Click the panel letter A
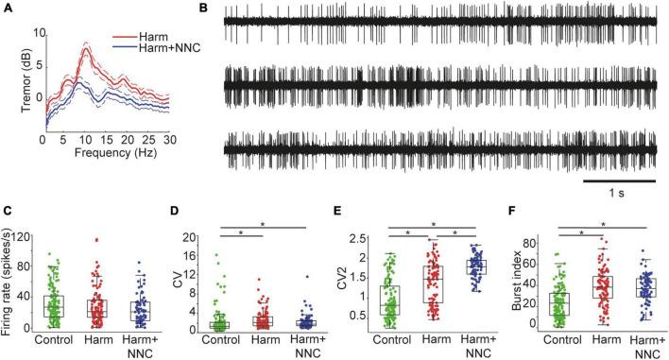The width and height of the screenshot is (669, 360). pyautogui.click(x=8, y=9)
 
